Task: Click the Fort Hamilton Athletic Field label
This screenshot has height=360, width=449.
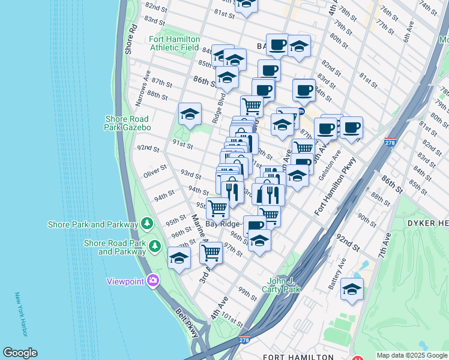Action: pos(174,43)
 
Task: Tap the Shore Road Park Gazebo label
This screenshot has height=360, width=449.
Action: pos(127,123)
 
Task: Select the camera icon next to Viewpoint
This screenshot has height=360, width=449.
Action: pos(152,280)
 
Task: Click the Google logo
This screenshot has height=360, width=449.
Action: pos(20,353)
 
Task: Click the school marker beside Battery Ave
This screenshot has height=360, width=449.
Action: pos(352,289)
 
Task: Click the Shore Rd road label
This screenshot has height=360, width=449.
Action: pos(131,39)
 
